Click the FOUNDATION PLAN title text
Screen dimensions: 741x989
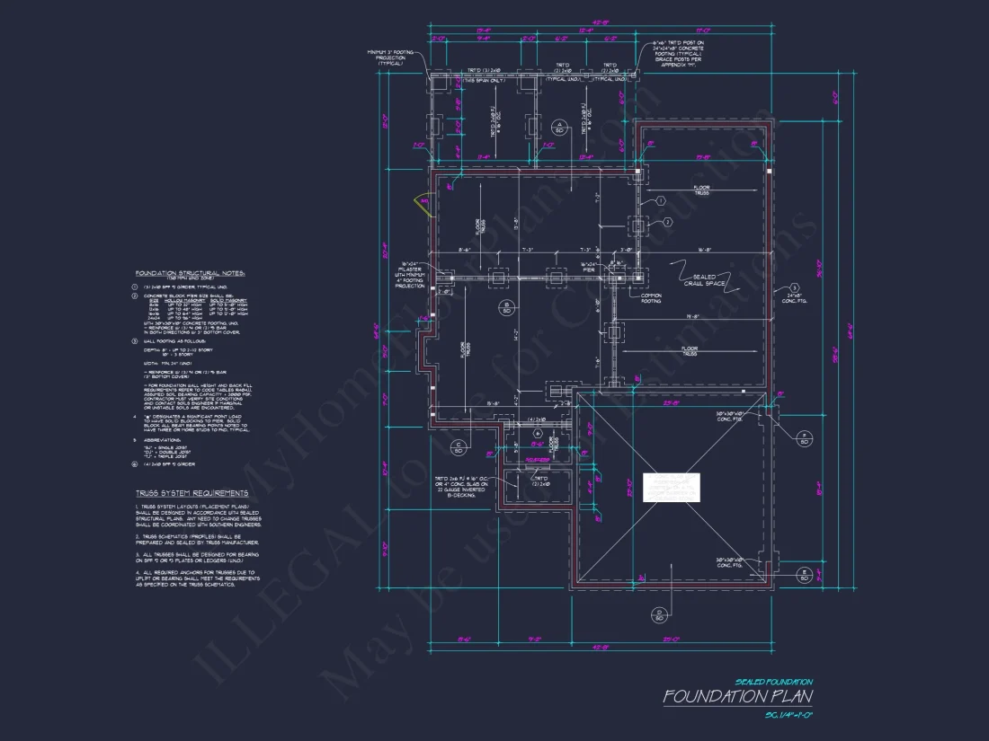737,697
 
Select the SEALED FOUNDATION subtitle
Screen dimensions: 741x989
773,682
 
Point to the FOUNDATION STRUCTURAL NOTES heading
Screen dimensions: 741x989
190,272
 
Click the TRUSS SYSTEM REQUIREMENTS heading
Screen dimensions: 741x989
192,493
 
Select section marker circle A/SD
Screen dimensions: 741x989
559,127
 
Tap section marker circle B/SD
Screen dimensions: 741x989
507,307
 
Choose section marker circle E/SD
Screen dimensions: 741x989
805,574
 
